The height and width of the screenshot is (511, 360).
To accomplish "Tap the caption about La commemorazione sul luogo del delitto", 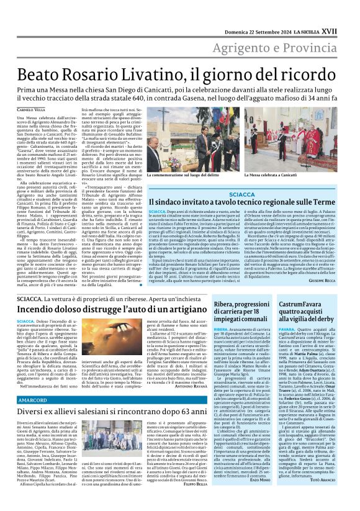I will (186, 177).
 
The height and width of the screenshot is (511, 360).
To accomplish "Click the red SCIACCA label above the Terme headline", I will (242, 194).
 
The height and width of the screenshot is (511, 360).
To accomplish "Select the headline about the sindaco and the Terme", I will (242, 204).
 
